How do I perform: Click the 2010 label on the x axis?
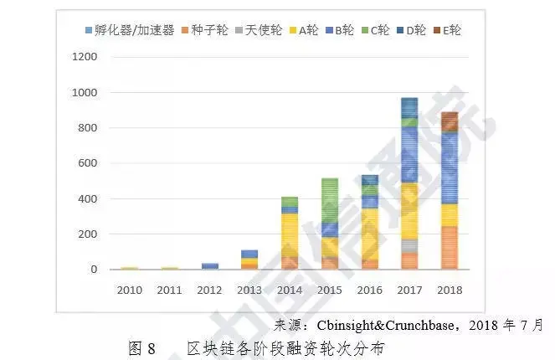coord(131,290)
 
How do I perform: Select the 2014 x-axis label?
coord(290,290)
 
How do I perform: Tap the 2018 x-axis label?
coord(449,290)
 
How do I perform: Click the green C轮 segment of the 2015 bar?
coord(330,201)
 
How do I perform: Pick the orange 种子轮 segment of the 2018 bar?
coord(449,247)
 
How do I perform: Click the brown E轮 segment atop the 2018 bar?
coord(449,121)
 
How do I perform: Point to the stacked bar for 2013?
coord(250,260)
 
